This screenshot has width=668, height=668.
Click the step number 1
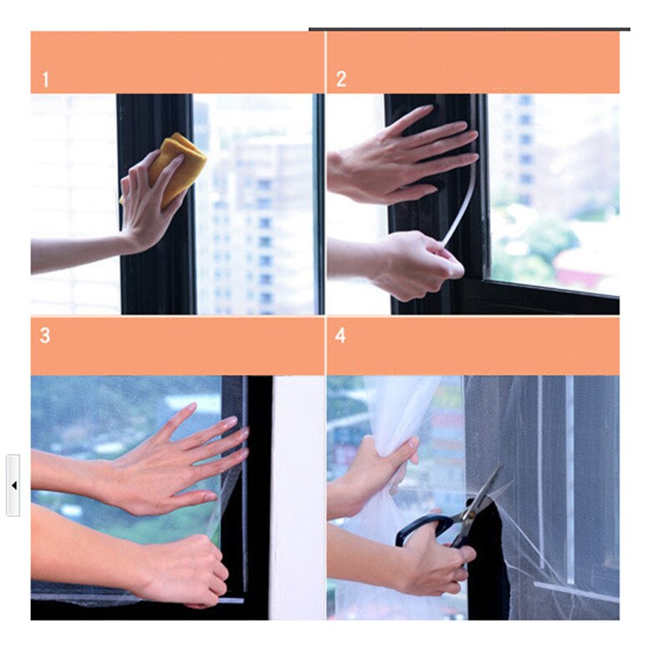point(46,80)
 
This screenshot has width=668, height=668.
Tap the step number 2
point(341,79)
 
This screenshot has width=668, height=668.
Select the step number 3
point(45,336)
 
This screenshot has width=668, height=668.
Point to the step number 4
point(340,336)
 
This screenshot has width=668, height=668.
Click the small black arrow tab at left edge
point(13,485)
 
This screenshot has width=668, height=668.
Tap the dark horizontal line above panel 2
point(469,29)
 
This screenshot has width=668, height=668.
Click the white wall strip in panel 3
point(297,498)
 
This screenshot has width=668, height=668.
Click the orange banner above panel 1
point(177,62)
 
